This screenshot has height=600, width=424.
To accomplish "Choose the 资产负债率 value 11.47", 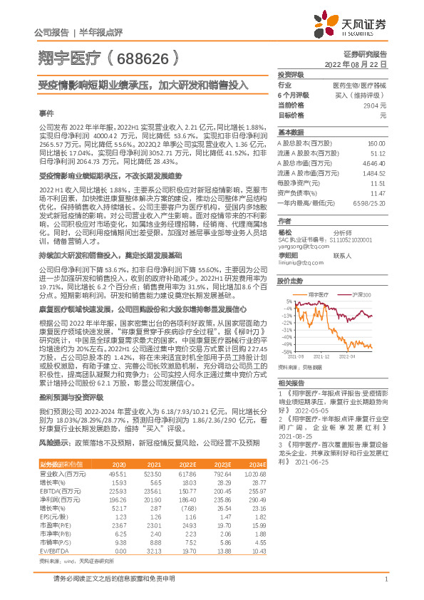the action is coord(378,193).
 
